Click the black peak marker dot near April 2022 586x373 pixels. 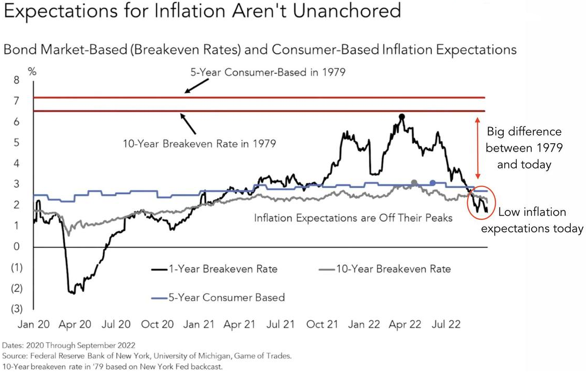(401, 117)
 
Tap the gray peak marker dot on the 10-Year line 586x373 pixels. (414, 183)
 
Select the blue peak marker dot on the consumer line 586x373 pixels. (433, 183)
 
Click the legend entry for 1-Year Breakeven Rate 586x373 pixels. (215, 269)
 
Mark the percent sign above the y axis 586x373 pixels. (32, 71)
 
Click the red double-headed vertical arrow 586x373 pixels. (476, 148)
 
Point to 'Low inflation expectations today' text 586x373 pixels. (532, 220)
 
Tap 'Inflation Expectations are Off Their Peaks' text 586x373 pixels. (353, 218)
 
